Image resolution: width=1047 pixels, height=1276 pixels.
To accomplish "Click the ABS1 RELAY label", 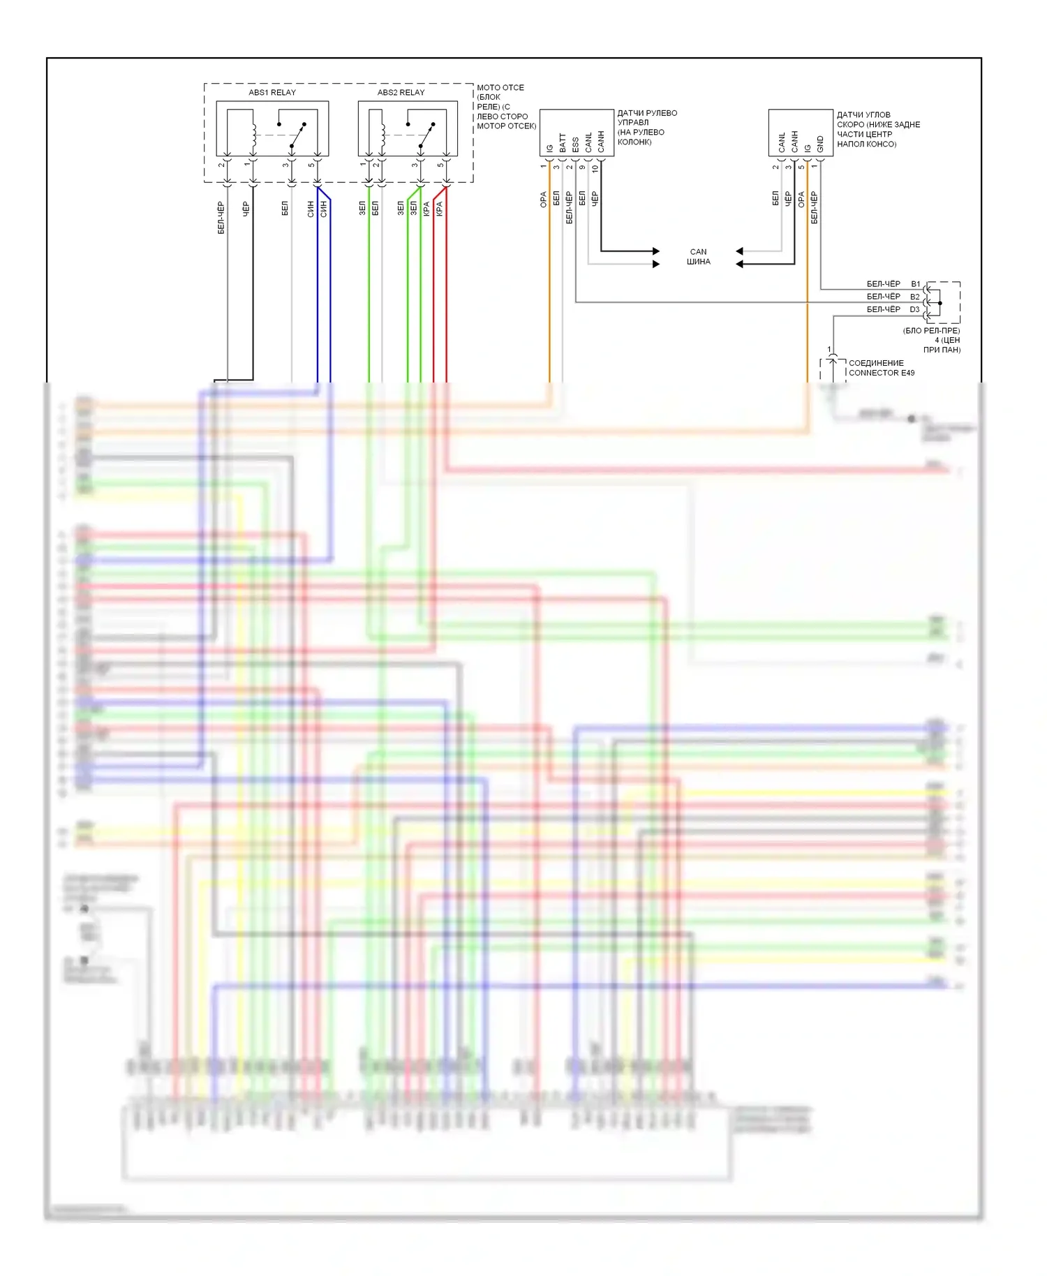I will [272, 92].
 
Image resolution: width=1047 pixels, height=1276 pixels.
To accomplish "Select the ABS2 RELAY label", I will [401, 92].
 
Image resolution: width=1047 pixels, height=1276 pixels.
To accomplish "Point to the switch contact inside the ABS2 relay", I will [426, 135].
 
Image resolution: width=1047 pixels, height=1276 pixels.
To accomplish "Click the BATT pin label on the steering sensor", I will [563, 143].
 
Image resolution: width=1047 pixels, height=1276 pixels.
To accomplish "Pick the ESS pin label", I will [575, 144].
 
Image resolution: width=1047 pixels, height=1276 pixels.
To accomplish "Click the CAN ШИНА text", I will [698, 257].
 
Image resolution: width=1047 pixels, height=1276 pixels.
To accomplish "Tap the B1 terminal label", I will [915, 284].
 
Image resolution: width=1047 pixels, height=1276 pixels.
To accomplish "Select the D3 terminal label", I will [914, 309].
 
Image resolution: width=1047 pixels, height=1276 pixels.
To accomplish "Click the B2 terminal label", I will [915, 297].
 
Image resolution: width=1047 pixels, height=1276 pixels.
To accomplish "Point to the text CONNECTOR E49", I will [882, 373].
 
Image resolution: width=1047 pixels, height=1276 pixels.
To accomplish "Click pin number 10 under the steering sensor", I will [595, 168].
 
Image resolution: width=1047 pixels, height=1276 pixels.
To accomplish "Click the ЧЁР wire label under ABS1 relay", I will [246, 208].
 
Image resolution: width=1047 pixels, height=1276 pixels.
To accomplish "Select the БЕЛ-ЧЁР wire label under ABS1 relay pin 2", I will [221, 218].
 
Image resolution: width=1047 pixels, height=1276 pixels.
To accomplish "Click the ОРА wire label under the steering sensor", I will [543, 200].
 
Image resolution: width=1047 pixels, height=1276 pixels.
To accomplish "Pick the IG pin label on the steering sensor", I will [549, 148].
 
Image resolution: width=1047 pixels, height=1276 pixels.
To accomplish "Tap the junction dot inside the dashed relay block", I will [940, 303].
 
